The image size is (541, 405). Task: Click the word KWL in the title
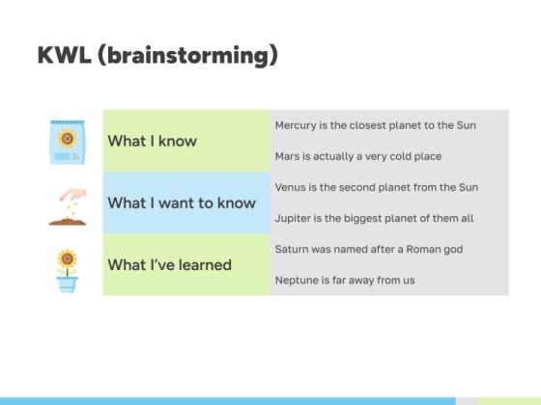[x=65, y=55]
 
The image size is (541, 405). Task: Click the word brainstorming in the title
[x=188, y=55]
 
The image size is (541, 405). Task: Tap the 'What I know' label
[x=153, y=141]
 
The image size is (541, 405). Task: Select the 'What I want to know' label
[x=182, y=202]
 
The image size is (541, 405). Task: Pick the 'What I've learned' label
[x=170, y=265]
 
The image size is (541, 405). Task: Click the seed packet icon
[x=68, y=142]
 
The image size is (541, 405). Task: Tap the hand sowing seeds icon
[x=68, y=207]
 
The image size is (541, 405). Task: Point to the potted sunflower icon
[x=68, y=271]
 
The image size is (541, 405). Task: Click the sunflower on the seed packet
[x=68, y=139]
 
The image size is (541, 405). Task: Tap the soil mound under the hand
[x=68, y=222]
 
